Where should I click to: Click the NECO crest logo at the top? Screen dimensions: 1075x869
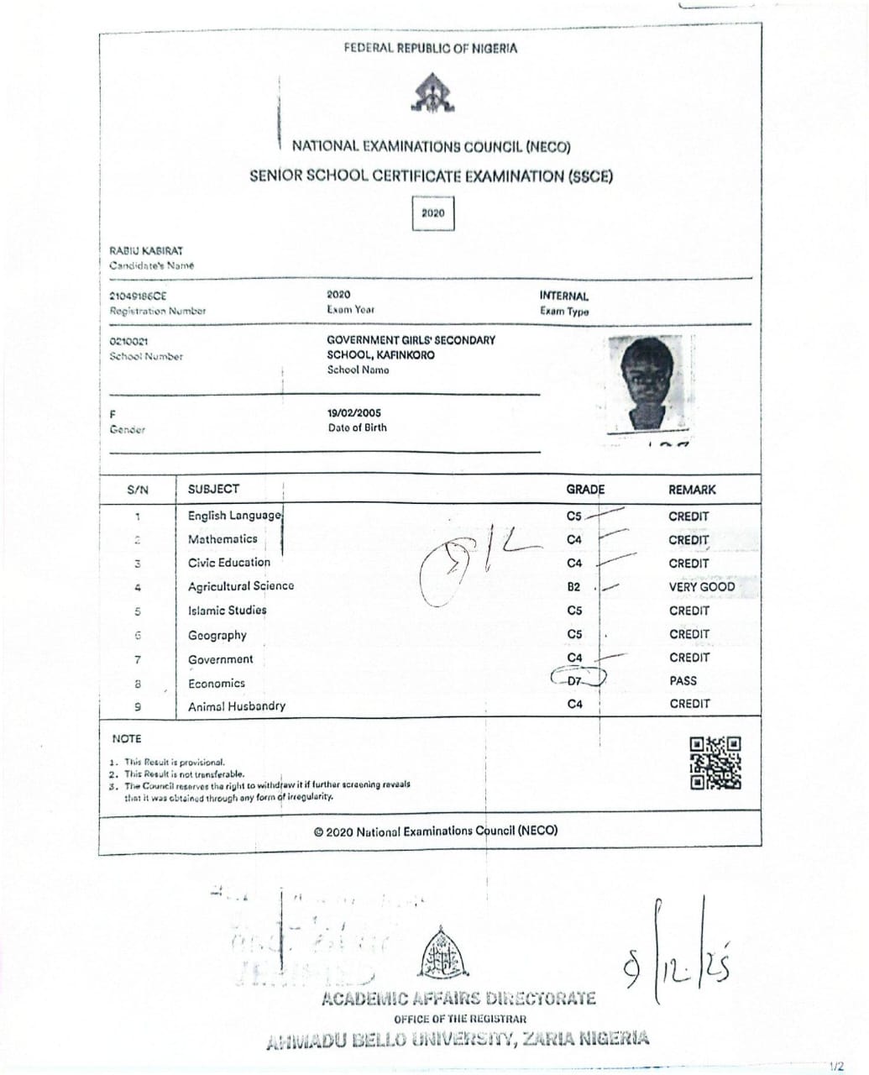tap(433, 93)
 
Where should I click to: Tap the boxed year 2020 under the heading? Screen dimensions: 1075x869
tap(433, 213)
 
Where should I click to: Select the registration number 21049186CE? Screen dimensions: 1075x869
tap(138, 296)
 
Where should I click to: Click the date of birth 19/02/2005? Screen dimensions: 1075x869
tap(353, 413)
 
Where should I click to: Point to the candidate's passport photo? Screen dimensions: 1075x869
tap(649, 385)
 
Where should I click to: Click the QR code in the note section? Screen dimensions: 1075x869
tap(715, 763)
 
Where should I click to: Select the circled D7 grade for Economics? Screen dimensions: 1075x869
tap(575, 680)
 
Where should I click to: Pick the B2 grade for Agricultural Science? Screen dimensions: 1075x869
tap(574, 587)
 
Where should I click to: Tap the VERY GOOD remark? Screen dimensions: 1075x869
tap(701, 587)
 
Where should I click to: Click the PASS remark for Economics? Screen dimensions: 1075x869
tap(683, 681)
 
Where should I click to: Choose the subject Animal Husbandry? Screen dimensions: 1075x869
tap(237, 706)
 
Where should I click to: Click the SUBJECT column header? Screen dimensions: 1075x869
tap(213, 489)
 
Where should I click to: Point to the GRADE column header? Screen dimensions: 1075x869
tap(585, 490)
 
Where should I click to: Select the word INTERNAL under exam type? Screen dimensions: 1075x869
tap(564, 296)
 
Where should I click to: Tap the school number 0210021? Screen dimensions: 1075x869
tap(129, 342)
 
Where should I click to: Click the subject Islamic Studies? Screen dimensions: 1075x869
tap(227, 611)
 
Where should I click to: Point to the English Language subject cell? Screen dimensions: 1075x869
tap(234, 516)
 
